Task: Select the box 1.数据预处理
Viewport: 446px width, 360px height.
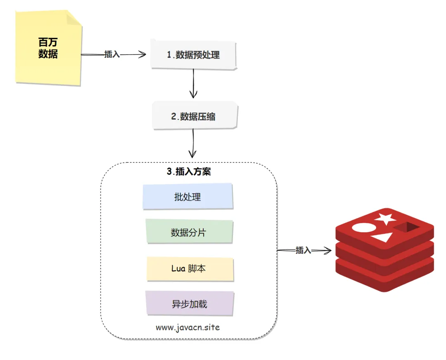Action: coord(193,55)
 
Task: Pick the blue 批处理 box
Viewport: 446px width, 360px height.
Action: coord(187,197)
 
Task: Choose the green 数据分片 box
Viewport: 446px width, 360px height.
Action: coord(188,233)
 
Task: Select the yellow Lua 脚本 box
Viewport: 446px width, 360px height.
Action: coord(189,269)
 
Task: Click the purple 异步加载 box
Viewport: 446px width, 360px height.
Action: coord(190,305)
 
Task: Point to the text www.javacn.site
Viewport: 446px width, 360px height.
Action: coord(188,327)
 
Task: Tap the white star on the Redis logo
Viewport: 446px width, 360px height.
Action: coord(384,219)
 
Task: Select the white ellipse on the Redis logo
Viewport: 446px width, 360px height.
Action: coord(363,227)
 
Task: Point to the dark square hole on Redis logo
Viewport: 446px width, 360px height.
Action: coord(406,227)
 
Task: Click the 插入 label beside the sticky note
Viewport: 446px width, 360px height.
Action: coord(112,54)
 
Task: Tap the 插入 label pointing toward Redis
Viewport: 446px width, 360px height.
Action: coord(303,250)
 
